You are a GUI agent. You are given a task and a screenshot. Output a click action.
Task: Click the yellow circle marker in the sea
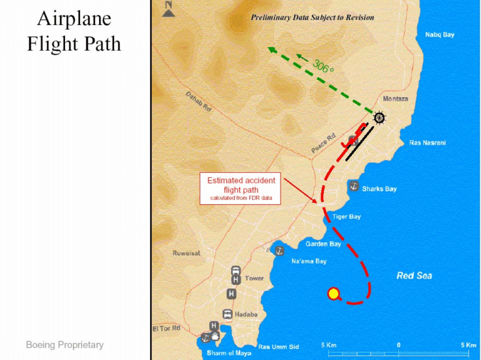point(334,293)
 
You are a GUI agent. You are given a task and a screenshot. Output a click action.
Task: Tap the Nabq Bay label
point(440,34)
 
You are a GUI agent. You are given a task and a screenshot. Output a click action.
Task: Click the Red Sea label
point(414,275)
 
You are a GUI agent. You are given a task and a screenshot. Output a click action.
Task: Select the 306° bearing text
point(323,64)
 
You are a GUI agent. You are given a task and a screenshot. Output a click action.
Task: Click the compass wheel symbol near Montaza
point(379,117)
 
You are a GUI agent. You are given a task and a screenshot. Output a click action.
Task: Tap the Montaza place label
point(395,100)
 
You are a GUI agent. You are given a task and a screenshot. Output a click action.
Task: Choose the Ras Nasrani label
point(427,143)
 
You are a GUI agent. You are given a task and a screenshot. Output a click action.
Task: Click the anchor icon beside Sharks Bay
point(353,187)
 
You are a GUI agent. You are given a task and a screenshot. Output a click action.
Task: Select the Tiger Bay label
point(346,217)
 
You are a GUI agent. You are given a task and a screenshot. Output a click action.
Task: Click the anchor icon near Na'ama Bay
point(279,250)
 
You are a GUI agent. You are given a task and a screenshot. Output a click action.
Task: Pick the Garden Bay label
point(323,244)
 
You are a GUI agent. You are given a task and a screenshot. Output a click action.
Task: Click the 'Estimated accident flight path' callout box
point(241,189)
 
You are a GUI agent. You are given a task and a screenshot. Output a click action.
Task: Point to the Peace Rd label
point(324,143)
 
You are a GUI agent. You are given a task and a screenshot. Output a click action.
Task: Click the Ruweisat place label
point(187,254)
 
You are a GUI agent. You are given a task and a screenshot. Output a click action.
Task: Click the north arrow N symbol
point(168,8)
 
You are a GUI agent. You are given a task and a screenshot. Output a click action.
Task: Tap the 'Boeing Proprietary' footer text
point(65,345)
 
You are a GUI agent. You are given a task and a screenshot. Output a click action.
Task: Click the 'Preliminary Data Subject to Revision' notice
point(312,18)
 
